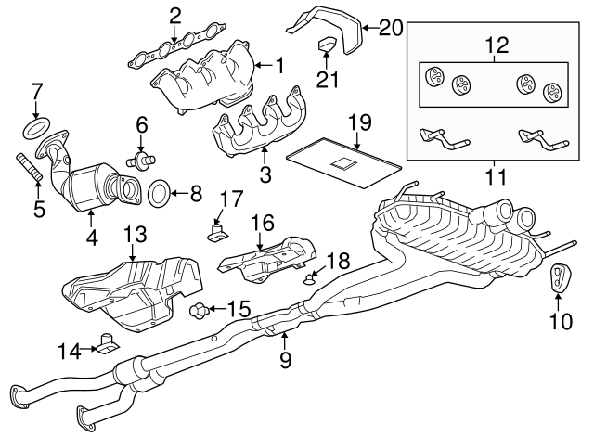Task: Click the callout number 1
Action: (279, 65)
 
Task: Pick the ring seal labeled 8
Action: (159, 193)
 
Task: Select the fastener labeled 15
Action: (199, 308)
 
